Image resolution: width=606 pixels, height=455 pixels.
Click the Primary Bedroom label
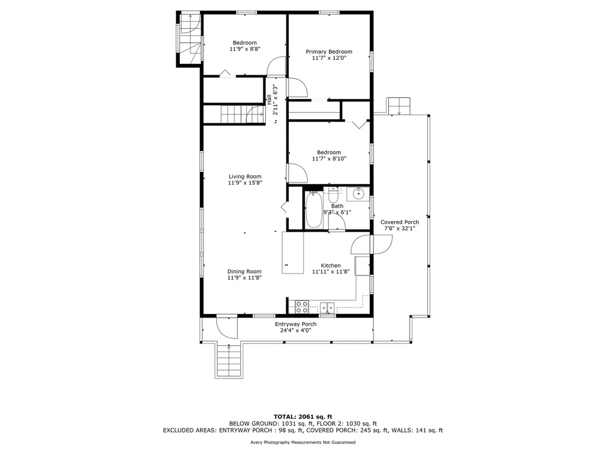329,52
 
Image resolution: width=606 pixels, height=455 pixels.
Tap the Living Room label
244,177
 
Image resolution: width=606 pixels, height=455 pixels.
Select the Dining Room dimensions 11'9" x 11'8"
244,277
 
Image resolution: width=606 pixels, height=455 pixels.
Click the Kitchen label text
331,265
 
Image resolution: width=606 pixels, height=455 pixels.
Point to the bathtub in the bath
314,210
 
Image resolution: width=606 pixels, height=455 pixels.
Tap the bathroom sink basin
358,194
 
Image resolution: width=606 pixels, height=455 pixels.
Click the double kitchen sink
327,307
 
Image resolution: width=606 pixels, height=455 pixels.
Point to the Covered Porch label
399,222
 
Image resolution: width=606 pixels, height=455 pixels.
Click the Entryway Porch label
296,324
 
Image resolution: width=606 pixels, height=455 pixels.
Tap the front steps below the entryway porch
228,361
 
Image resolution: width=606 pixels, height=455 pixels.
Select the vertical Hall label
269,100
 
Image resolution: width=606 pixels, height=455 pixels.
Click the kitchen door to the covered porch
372,244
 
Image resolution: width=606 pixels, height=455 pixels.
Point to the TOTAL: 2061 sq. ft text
303,416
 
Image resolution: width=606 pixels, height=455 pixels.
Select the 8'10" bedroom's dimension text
329,158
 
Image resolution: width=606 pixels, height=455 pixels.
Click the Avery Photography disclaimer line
303,442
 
